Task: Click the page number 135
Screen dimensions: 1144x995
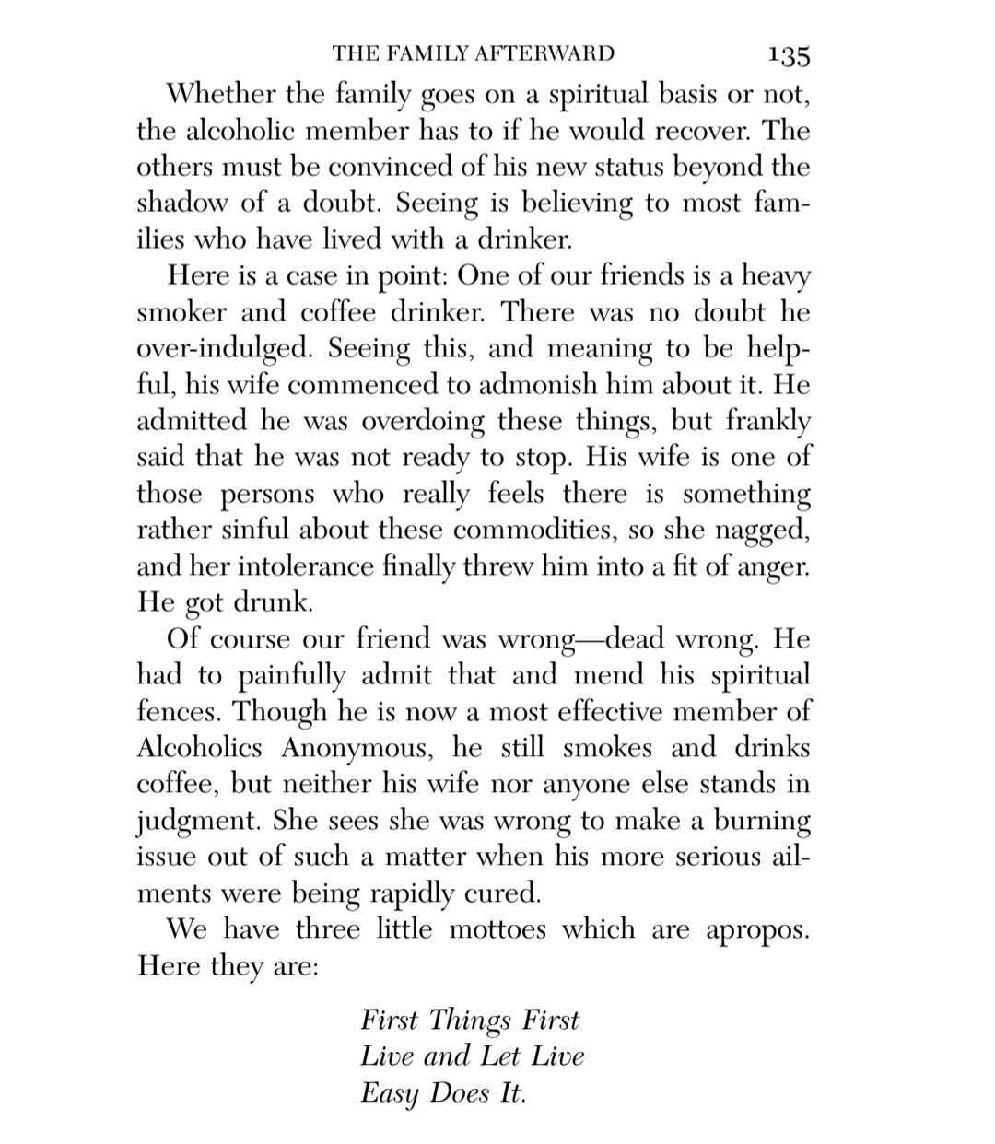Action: (788, 55)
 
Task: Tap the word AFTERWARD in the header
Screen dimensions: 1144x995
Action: (541, 53)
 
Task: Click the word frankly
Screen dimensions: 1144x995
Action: (767, 422)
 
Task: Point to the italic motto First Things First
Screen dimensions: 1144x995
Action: (470, 1021)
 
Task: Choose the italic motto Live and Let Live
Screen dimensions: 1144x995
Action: (472, 1056)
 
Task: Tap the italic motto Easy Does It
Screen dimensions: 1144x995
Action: (443, 1093)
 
